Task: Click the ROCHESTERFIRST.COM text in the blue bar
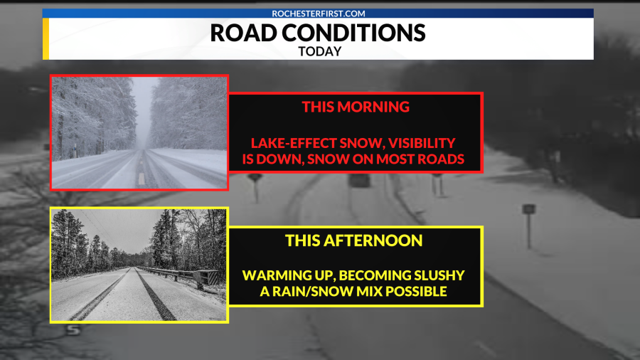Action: click(318, 14)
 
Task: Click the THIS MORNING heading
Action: click(356, 107)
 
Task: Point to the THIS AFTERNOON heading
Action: click(354, 240)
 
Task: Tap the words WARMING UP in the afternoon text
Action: click(280, 275)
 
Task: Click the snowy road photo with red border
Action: click(139, 132)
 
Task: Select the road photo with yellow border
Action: click(139, 265)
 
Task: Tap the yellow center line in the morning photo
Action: click(141, 174)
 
